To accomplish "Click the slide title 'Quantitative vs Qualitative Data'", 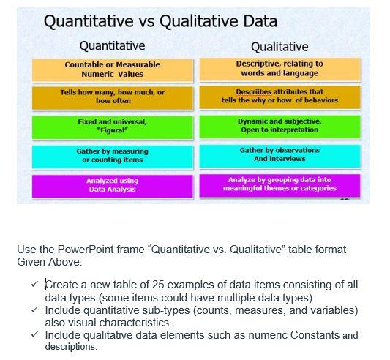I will point(160,21).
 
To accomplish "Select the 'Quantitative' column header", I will point(112,47).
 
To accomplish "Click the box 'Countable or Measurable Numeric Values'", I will point(112,70).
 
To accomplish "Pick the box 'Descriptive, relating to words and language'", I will point(279,69).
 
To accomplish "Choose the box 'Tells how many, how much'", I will point(112,97).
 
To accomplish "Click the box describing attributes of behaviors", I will point(279,97).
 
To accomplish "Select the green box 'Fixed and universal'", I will point(112,126).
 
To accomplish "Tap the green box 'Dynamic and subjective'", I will point(279,125).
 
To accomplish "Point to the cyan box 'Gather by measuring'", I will point(112,155).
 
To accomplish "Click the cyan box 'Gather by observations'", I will point(279,154).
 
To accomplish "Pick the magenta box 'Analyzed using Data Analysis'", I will point(112,184).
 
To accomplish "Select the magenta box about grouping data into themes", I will point(279,184).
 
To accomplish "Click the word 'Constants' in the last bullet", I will point(316,335).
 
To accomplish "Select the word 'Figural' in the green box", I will point(113,130).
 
